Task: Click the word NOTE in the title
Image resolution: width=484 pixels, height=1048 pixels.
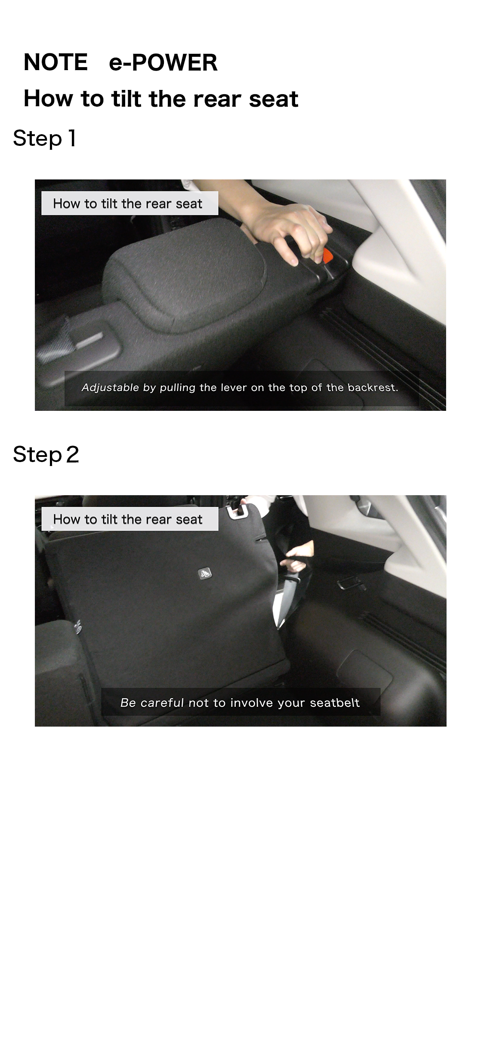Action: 55,62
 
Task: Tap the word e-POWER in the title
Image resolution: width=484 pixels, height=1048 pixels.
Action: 163,62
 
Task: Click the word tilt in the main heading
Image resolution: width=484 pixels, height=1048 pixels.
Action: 126,99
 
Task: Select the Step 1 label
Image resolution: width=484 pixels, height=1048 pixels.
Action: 45,139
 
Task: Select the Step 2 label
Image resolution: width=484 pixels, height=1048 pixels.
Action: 46,454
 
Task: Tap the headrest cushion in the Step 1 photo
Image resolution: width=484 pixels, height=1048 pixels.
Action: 185,271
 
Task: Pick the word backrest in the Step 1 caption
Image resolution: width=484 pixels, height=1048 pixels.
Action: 373,388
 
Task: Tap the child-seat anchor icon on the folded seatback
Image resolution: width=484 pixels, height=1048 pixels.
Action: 205,573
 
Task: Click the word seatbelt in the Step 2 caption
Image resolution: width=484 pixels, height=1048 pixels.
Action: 335,703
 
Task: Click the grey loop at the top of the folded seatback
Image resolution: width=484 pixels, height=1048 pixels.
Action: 239,511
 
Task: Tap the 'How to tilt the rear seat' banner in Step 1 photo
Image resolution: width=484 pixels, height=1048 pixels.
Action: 129,203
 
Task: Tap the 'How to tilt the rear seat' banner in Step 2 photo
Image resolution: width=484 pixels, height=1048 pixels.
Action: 129,519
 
